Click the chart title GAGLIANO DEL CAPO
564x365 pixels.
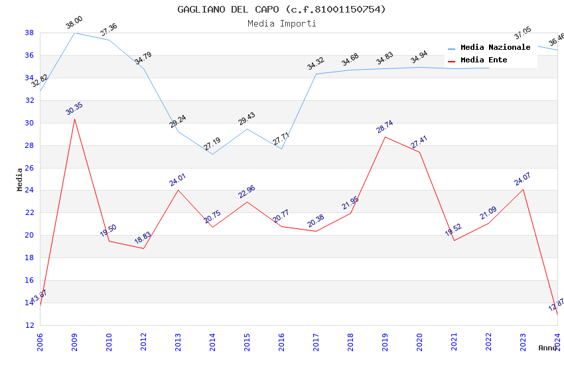(x=281, y=9)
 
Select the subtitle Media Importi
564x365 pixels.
(x=281, y=23)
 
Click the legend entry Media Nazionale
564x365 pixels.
(x=495, y=48)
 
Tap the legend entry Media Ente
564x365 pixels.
(x=484, y=60)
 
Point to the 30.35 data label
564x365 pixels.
(x=74, y=109)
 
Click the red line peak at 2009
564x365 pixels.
(x=74, y=119)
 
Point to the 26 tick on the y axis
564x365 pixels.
(x=29, y=168)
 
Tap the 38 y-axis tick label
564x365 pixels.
(x=29, y=33)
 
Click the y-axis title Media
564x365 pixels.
(x=19, y=179)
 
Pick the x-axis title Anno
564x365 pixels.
(x=547, y=348)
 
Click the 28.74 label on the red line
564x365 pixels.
(x=385, y=127)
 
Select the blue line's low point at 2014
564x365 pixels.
(x=212, y=154)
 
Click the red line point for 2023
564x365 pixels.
(x=523, y=190)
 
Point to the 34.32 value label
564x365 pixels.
(x=316, y=64)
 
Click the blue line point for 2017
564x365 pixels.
(x=316, y=74)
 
